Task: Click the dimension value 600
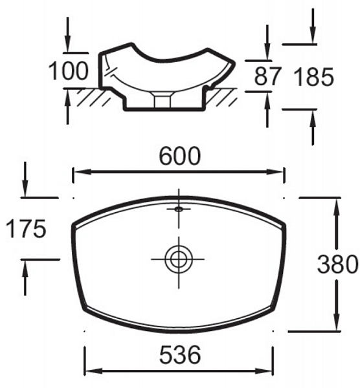point(178,156)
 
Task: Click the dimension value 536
point(178,354)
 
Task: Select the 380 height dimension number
point(337,264)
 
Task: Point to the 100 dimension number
point(69,72)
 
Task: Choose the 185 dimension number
point(313,78)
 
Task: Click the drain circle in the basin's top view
point(177,259)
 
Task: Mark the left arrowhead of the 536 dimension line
point(89,371)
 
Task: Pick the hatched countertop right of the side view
point(223,98)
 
